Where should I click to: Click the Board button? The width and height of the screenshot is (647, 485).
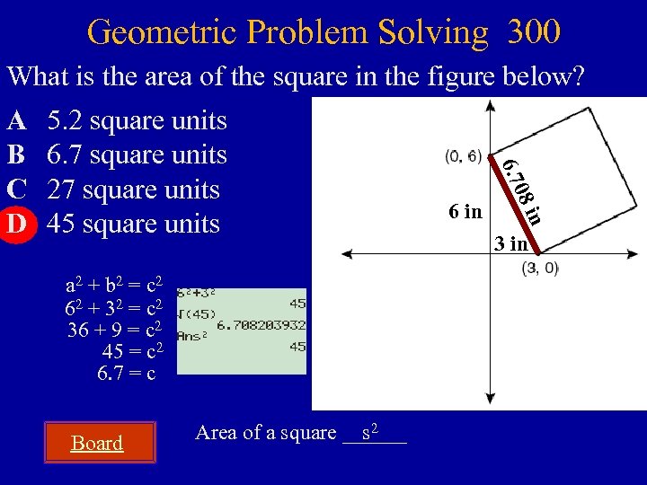(97, 443)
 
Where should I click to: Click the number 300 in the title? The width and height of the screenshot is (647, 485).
(534, 31)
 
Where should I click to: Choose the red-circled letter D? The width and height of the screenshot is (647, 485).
(15, 223)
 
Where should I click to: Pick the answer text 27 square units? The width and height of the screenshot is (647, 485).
(133, 190)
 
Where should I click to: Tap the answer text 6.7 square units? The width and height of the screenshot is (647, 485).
(137, 154)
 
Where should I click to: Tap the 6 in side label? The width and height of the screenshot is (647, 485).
(465, 212)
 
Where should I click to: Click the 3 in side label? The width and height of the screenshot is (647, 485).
(510, 243)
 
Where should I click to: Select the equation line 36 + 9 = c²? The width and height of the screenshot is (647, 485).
(115, 330)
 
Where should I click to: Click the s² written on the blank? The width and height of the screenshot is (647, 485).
(368, 432)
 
